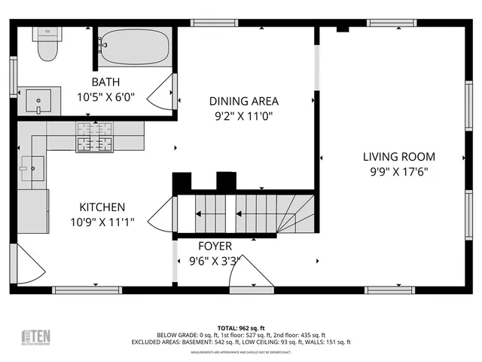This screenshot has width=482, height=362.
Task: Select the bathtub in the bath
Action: tap(133, 47)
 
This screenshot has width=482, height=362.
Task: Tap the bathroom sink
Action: tap(37, 99)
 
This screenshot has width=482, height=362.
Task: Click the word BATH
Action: tap(106, 82)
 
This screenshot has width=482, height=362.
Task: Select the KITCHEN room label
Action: tap(102, 207)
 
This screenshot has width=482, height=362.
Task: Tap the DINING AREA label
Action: tap(243, 101)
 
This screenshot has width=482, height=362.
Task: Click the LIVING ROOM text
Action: tap(398, 157)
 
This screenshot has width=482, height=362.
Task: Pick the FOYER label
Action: tap(215, 246)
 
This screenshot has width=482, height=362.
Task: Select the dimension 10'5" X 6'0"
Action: tap(106, 97)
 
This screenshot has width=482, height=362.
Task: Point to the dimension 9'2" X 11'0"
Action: tap(243, 116)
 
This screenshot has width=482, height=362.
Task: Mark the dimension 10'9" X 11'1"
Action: tap(102, 222)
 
